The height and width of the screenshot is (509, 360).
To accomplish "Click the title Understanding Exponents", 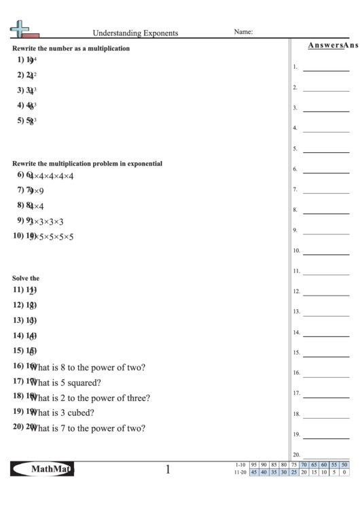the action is coord(136,32).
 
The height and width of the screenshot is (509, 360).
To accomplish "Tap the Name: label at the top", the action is coord(243,31).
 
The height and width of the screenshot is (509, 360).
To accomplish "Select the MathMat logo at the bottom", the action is coord(42,469).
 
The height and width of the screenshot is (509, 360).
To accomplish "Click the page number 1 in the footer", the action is coord(167,469).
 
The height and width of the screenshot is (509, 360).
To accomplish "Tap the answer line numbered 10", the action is coord(325,253).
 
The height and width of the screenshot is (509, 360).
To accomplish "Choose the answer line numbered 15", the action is coord(325,355).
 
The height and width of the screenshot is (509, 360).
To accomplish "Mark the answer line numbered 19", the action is coord(325,436).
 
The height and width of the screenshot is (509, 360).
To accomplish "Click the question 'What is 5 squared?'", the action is coord(66,383).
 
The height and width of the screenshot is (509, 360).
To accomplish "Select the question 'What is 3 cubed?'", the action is coord(62,413).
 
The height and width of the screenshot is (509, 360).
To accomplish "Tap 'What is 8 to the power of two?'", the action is coord(88,368).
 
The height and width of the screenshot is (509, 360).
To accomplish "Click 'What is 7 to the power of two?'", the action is coord(88,429).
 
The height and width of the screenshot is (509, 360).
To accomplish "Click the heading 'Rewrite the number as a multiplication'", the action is coord(71,48).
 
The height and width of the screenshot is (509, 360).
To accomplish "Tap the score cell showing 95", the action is coord(253,465).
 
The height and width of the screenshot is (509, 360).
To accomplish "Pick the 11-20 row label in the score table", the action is coord(239,472).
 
